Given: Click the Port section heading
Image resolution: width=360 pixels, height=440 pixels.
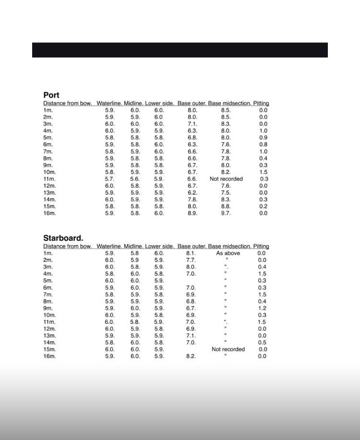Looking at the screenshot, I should [51, 95].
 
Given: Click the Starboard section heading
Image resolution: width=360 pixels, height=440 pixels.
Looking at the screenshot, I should [63, 238].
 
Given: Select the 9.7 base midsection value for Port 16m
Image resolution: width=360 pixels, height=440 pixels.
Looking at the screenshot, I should [226, 213].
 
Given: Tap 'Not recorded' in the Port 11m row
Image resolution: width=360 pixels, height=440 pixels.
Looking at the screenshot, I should [226, 179].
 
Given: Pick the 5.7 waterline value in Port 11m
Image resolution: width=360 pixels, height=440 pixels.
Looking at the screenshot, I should [110, 179].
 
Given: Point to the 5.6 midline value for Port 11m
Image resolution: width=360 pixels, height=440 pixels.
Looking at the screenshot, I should [135, 179].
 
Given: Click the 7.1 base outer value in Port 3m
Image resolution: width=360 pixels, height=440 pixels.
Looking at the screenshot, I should [192, 123].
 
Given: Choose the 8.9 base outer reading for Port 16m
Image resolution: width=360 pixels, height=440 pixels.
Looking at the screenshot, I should [192, 213].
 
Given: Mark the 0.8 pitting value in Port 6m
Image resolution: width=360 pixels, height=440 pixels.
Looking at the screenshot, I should [263, 144].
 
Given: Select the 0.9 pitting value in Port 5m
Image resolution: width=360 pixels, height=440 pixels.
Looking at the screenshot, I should [263, 137].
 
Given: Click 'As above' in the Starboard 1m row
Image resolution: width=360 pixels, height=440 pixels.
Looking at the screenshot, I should [228, 253].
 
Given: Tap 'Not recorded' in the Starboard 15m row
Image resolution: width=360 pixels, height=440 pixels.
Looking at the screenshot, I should [228, 349].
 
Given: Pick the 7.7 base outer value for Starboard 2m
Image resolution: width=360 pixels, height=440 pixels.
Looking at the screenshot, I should [191, 260].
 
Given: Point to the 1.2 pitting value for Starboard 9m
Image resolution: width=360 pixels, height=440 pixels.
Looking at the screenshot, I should [262, 308].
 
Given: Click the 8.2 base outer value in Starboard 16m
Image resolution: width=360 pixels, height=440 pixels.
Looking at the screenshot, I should [191, 356].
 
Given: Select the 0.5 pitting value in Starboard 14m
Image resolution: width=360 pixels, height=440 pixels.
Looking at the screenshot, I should [262, 342].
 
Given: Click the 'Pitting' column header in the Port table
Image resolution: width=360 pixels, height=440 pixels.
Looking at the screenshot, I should [261, 103].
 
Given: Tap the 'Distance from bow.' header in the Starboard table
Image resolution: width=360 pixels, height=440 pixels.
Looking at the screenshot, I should [68, 246].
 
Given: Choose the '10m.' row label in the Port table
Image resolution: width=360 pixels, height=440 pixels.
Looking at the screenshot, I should [49, 172].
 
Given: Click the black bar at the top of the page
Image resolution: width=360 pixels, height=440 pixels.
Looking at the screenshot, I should [180, 50].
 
